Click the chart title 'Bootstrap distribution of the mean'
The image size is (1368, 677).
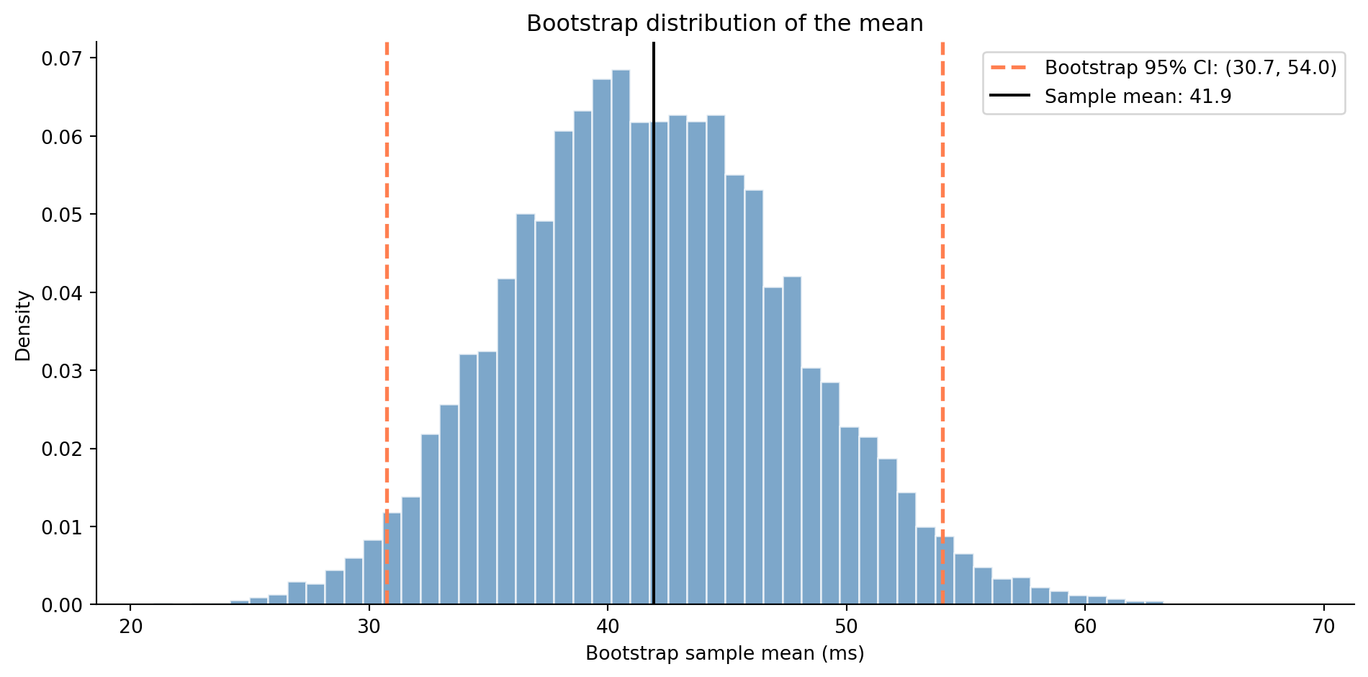click(724, 24)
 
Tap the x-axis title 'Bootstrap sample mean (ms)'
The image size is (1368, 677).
click(724, 653)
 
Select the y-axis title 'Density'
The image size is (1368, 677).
click(24, 326)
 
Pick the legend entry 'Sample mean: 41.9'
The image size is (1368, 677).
click(1138, 97)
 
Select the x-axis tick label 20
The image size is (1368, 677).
click(130, 627)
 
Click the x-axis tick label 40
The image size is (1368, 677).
click(608, 627)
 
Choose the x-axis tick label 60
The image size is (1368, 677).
click(1085, 627)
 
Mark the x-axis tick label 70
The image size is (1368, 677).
click(1323, 627)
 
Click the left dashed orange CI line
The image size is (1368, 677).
click(387, 288)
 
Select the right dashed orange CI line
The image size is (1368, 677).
click(942, 288)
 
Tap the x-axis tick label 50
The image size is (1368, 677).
click(846, 627)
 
